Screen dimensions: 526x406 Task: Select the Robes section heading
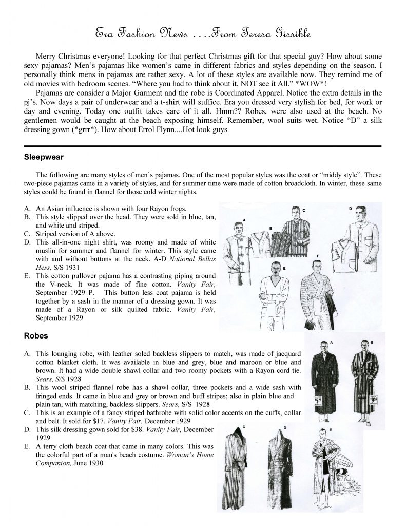click(35, 336)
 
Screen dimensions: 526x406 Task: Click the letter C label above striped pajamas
click(304, 210)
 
